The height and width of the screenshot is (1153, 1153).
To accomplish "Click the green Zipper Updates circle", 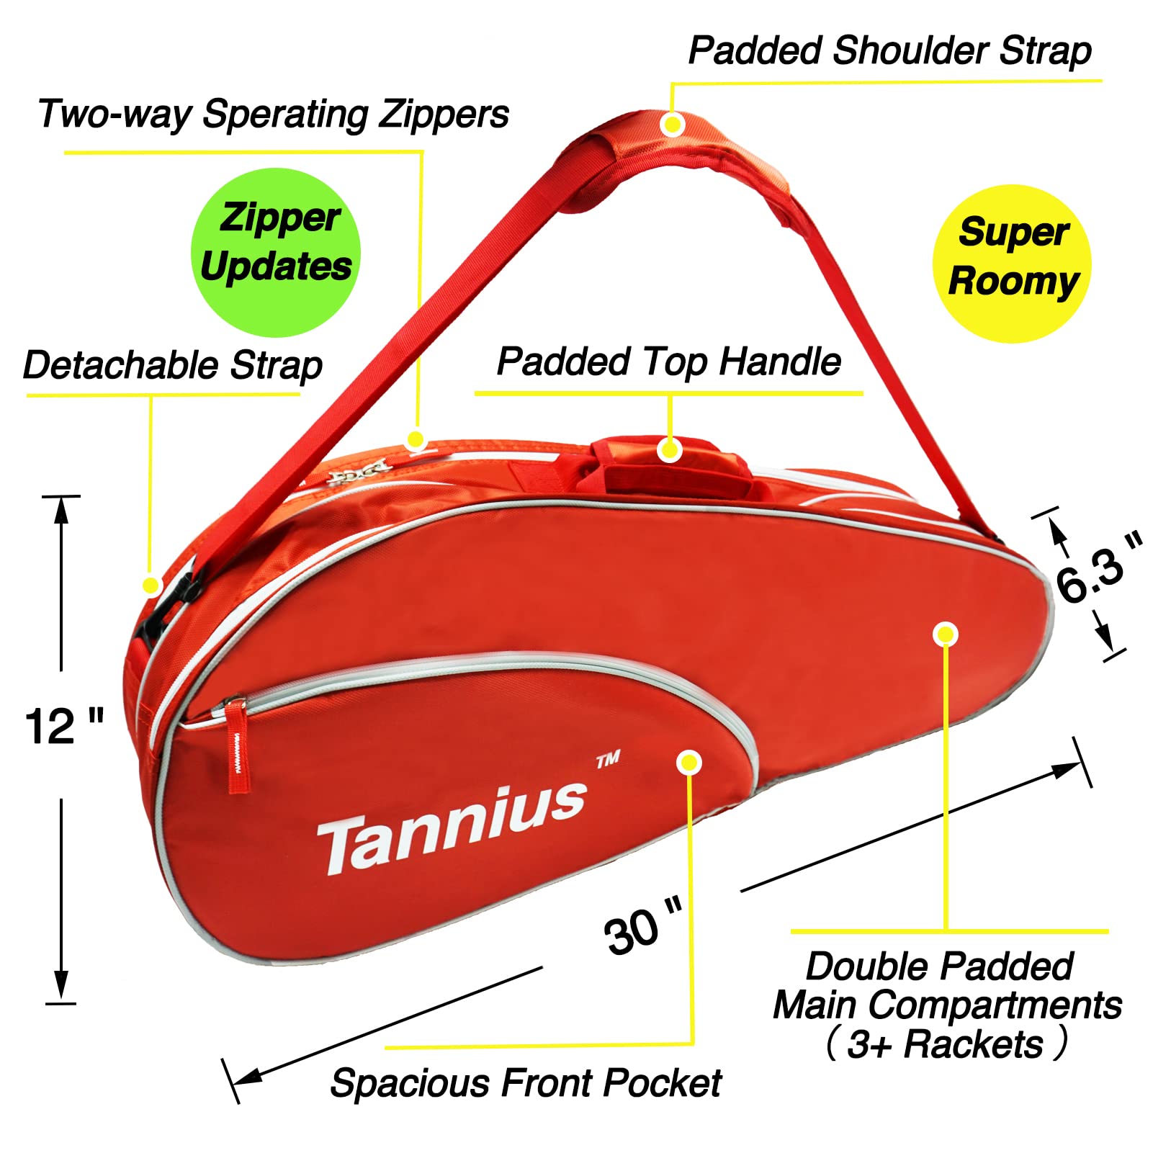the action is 275,252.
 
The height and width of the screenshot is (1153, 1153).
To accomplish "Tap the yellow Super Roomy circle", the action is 1012,264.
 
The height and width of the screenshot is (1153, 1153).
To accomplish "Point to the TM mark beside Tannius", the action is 608,760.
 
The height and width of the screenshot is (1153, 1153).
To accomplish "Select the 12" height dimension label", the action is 63,726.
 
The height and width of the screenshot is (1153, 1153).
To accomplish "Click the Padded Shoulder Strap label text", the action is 889,51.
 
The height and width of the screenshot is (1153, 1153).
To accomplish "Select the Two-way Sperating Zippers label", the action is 274,114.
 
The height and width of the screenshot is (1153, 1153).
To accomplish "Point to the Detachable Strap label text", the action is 173,364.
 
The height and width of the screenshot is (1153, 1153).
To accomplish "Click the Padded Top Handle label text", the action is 668,361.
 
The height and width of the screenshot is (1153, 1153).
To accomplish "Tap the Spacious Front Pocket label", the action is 526,1082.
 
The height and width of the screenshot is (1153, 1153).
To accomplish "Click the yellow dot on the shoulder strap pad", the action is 672,125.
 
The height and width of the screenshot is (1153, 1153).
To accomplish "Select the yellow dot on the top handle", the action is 669,450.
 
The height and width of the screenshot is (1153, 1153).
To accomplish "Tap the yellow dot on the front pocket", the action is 689,762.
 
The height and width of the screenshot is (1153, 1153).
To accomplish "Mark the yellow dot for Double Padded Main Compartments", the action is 945,634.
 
